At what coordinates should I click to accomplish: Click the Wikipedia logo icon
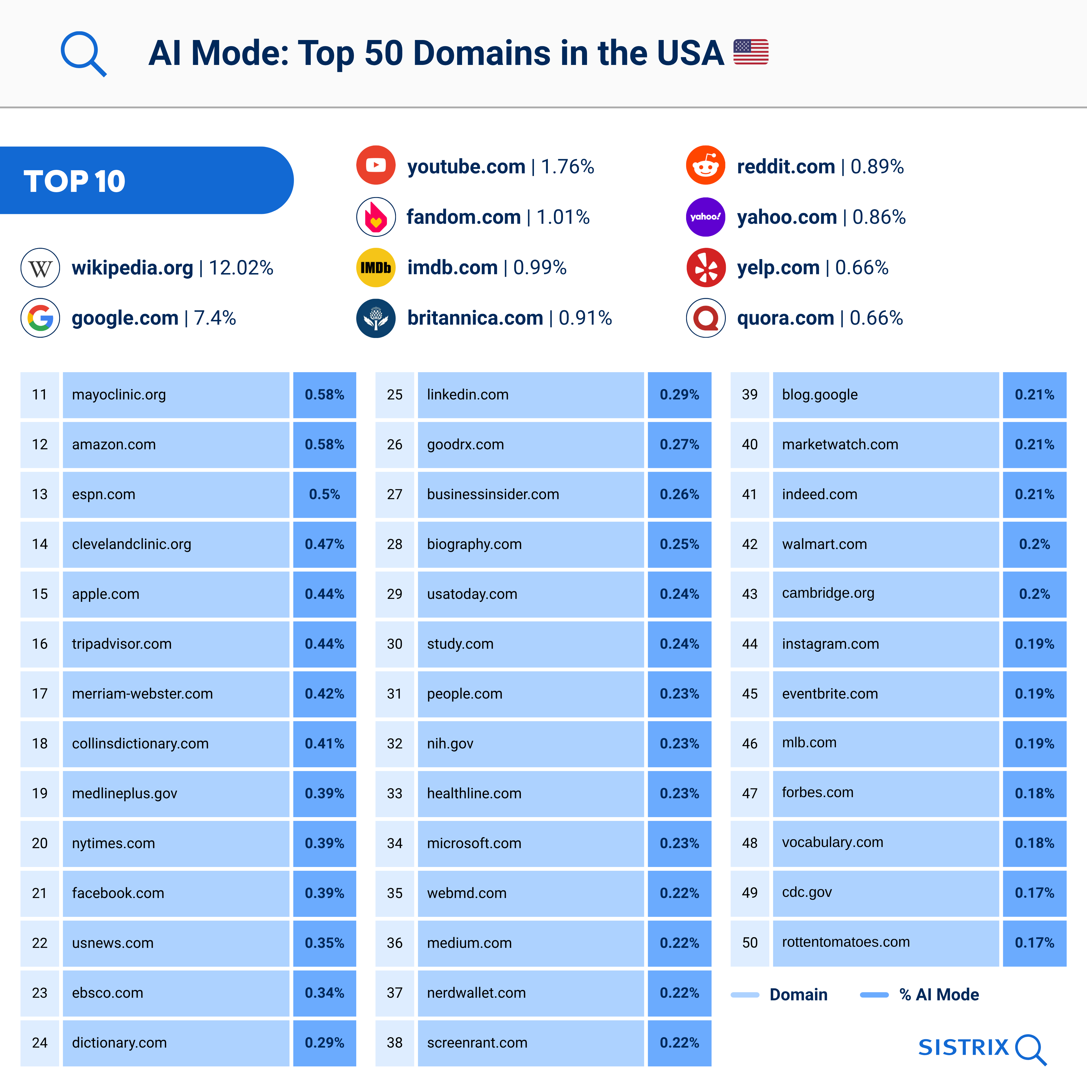coord(40,268)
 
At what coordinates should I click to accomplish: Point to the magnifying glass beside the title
coord(83,53)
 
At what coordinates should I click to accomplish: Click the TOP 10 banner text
coord(74,181)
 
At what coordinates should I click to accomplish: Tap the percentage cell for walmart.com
coord(1034,544)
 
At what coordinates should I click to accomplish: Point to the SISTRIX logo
coord(982,1048)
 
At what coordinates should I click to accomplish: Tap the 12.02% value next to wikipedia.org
coord(241,268)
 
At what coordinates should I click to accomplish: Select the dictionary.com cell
coord(176,1043)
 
